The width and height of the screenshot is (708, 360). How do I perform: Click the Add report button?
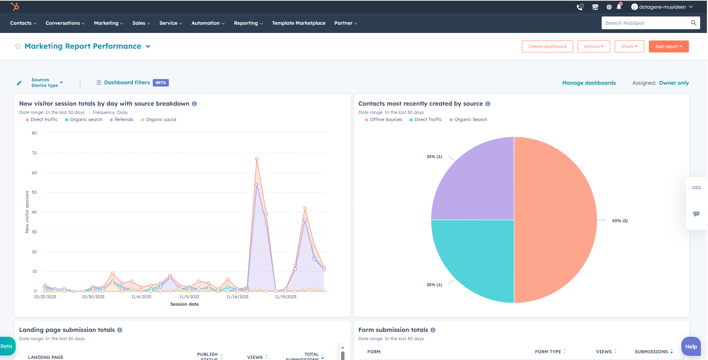click(x=668, y=46)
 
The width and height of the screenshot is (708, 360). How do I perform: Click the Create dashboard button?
click(x=547, y=46)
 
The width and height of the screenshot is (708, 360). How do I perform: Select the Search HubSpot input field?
click(x=646, y=23)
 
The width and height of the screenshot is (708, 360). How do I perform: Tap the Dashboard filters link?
click(x=127, y=82)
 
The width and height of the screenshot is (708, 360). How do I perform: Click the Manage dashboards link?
click(x=589, y=83)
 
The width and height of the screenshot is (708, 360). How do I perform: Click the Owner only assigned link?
click(x=674, y=83)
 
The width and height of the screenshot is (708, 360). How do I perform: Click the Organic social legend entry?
click(x=161, y=120)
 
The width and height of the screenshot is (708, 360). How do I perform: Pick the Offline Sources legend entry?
click(x=386, y=120)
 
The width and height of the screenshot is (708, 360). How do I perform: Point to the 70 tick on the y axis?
click(x=34, y=153)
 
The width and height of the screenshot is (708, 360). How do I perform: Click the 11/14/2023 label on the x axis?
click(x=237, y=297)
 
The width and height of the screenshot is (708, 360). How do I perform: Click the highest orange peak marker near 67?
click(x=256, y=159)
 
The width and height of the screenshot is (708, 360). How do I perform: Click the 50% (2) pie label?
click(x=620, y=221)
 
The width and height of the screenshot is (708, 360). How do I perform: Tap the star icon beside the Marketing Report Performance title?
click(x=18, y=46)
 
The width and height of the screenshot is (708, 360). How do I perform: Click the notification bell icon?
click(x=619, y=7)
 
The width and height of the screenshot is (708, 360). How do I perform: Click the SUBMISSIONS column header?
click(x=651, y=351)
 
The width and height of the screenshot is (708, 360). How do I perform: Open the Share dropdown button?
click(x=629, y=46)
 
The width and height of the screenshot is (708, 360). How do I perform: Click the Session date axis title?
click(x=184, y=304)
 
